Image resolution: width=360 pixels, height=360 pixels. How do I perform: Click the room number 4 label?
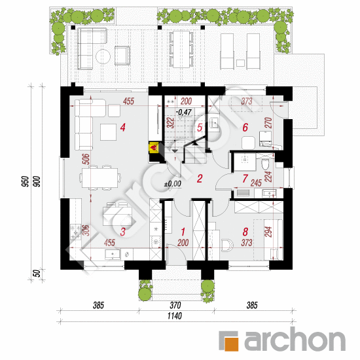pos(123,128)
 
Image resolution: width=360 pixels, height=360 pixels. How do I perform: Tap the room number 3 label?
pos(123,232)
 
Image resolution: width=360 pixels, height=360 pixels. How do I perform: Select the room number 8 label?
pos(245,232)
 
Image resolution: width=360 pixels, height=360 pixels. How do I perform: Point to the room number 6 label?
pos(245,128)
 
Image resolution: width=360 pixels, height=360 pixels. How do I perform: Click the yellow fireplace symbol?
pos(153,147)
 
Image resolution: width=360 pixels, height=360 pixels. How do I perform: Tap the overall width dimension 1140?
pos(175,316)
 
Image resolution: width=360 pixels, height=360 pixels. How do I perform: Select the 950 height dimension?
pos(26,181)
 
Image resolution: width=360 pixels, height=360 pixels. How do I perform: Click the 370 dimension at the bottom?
pos(175,306)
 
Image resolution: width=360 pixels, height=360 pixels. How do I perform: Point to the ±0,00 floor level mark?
pos(173,184)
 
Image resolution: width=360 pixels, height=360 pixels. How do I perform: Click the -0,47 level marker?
pos(184,113)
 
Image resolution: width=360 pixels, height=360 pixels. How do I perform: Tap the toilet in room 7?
pos(266,164)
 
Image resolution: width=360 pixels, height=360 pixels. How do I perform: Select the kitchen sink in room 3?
pos(113,254)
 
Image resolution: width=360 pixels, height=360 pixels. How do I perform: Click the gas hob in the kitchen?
pos(75,232)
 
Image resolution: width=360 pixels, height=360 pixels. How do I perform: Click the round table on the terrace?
pos(103,56)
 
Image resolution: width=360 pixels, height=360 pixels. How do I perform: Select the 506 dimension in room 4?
pos(86,159)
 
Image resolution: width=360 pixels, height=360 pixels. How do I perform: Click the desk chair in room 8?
pos(228,245)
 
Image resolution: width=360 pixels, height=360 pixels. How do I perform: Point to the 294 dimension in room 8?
pos(269,232)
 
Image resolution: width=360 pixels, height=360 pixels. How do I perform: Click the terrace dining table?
pos(181,49)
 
